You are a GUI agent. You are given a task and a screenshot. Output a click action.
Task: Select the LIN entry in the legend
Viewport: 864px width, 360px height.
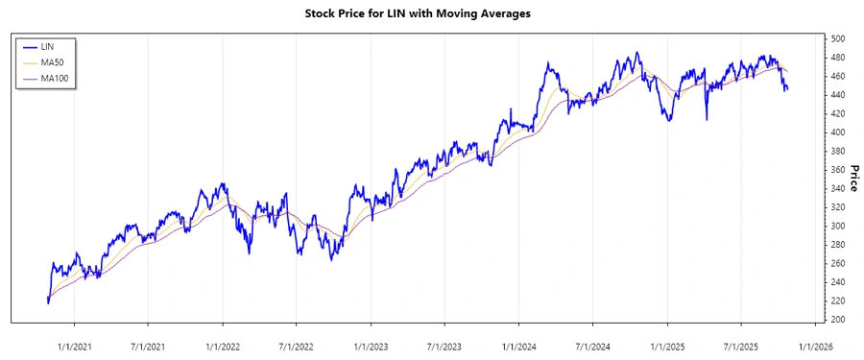click(x=46, y=46)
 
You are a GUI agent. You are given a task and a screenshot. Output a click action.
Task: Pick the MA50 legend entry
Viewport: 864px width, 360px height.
click(x=50, y=61)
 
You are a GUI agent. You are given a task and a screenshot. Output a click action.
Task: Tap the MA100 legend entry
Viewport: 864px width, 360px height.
click(x=52, y=78)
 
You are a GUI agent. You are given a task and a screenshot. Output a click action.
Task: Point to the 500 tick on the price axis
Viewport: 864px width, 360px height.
click(x=838, y=38)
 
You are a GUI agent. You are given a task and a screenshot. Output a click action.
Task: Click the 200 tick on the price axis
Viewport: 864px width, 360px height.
click(x=838, y=320)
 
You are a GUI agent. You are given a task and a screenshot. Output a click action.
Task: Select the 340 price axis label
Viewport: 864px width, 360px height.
click(x=838, y=188)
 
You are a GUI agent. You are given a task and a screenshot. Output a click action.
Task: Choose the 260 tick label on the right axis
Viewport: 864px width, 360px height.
click(x=838, y=263)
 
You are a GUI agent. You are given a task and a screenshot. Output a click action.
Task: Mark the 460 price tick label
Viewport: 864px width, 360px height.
click(x=838, y=76)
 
